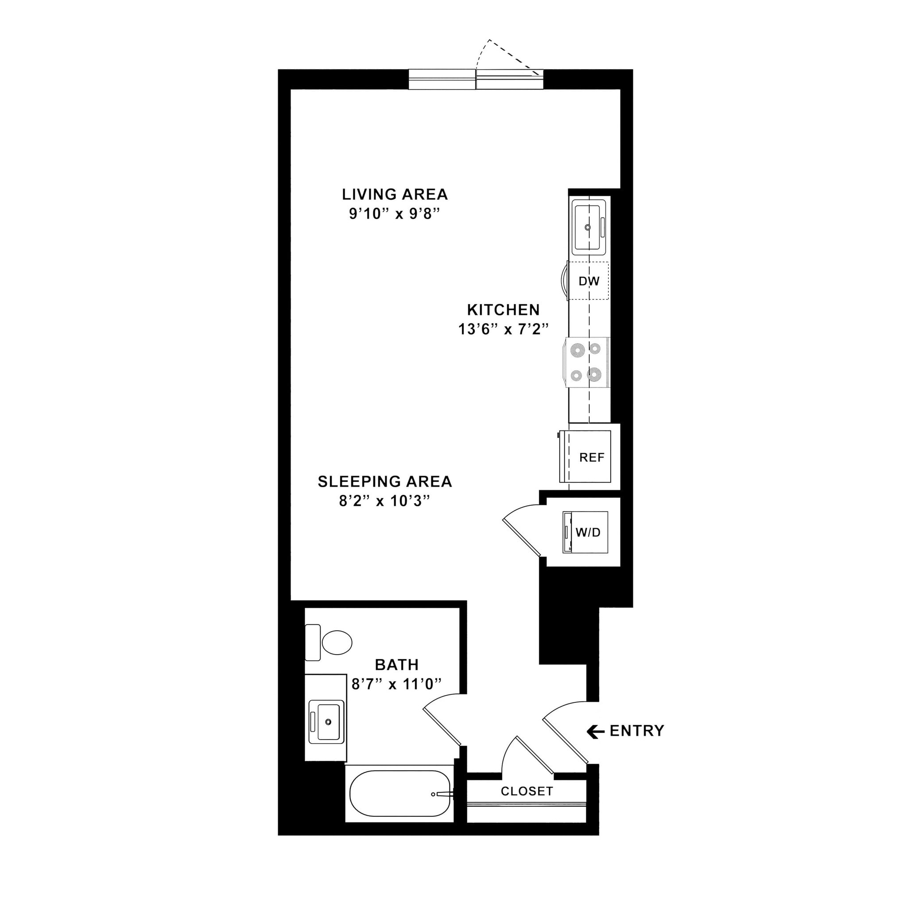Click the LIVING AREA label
click(394, 194)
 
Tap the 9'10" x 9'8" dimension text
click(394, 214)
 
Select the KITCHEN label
click(503, 310)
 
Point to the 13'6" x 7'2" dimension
click(503, 329)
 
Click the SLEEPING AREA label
click(384, 482)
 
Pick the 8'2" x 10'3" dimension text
click(384, 501)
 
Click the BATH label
click(397, 665)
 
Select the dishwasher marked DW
click(589, 281)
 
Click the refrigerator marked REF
click(591, 457)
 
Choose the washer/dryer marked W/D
click(587, 532)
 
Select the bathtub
click(399, 793)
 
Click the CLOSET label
click(527, 791)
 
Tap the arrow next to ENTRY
click(595, 731)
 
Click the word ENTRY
click(636, 731)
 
